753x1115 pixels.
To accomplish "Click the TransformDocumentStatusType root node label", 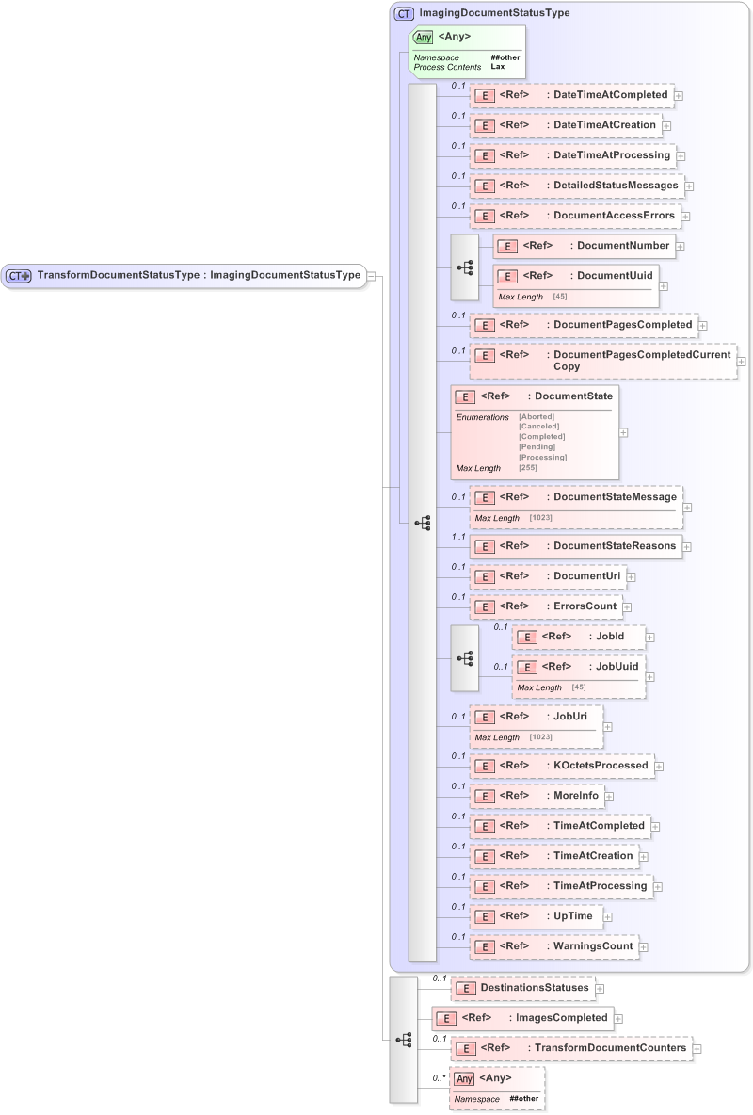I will point(199,275).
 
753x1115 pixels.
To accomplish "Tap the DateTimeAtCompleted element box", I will point(571,95).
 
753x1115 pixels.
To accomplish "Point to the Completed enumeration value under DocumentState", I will point(542,436).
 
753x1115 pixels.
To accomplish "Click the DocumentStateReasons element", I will point(576,546).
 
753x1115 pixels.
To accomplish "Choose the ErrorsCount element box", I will point(546,606).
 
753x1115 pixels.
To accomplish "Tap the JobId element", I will point(579,637).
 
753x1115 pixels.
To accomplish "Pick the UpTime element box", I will point(537,916).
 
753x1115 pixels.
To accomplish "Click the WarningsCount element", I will point(554,946).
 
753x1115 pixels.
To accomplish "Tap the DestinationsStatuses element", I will point(522,988).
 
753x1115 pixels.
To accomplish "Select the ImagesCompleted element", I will point(522,1018).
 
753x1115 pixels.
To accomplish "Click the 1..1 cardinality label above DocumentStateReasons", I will point(458,537).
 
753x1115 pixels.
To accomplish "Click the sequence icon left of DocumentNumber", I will point(465,267).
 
